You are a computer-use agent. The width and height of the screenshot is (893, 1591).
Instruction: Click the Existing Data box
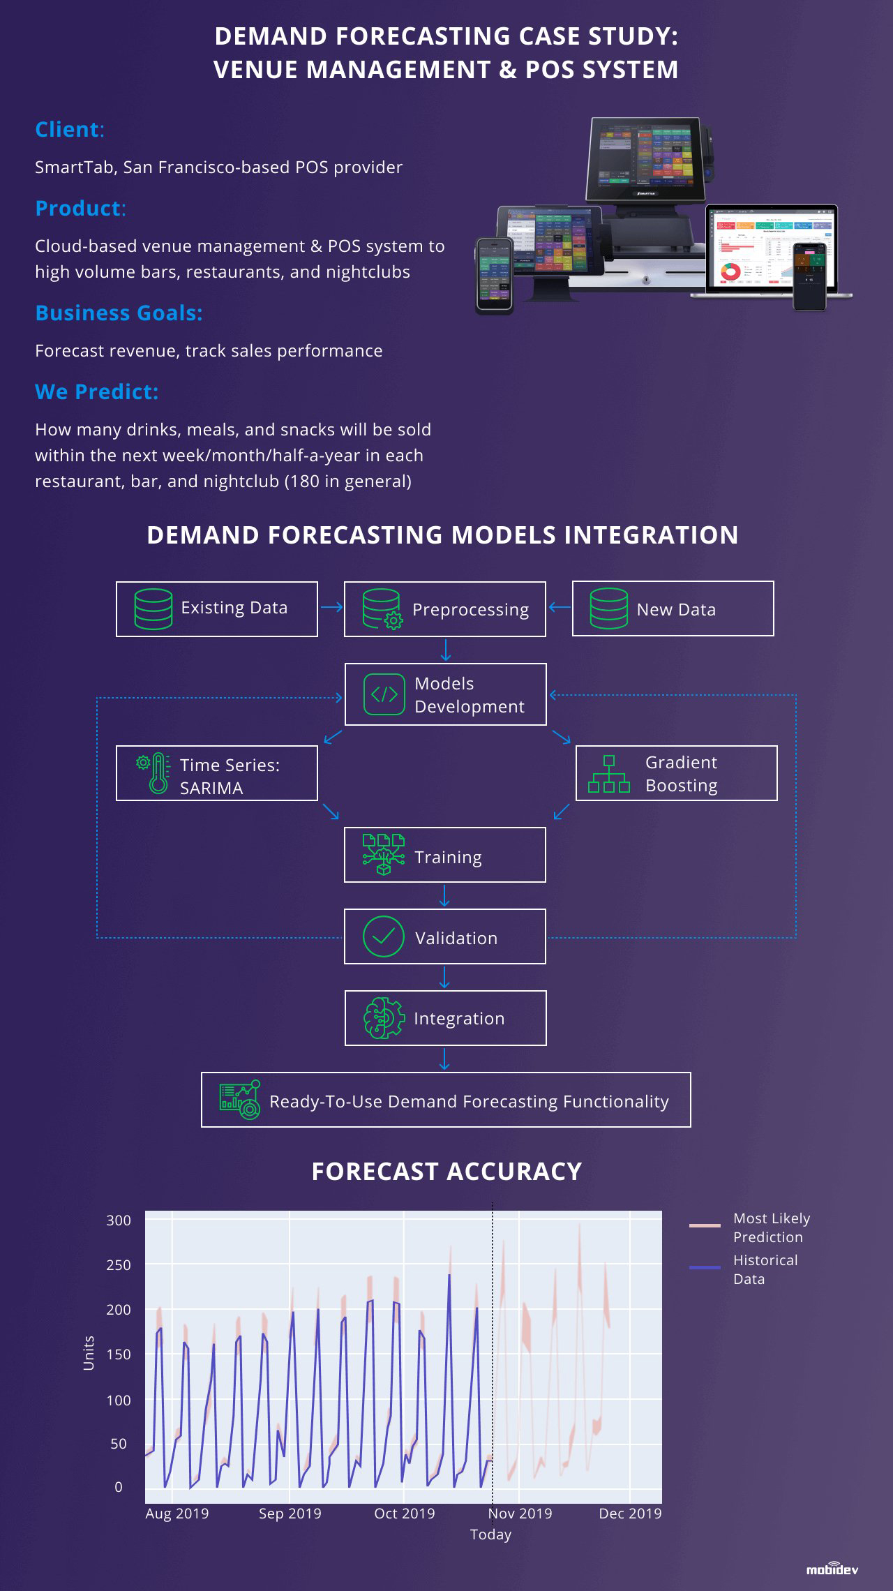(217, 609)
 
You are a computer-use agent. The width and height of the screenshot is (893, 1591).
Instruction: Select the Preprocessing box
(445, 609)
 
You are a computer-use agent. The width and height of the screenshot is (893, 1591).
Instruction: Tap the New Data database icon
(608, 609)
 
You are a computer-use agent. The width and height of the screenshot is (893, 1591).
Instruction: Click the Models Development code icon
(384, 694)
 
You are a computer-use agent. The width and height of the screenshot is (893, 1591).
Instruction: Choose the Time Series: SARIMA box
(217, 773)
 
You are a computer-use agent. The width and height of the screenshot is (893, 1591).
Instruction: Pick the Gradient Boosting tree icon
(609, 774)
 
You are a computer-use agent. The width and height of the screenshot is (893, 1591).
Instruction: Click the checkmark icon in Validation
(384, 936)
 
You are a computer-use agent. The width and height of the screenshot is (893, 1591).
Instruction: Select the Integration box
(445, 1018)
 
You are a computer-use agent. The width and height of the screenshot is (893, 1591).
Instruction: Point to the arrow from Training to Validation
(444, 896)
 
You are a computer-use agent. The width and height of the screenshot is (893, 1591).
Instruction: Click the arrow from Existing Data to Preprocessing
(331, 607)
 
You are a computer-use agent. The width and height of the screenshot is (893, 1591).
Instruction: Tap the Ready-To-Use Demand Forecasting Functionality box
(446, 1100)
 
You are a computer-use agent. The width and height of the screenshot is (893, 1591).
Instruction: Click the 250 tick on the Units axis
(119, 1264)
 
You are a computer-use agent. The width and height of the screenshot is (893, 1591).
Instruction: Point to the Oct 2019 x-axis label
(405, 1513)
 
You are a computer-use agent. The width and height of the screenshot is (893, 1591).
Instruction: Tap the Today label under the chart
(491, 1534)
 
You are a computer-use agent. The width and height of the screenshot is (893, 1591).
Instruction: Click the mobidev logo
(832, 1569)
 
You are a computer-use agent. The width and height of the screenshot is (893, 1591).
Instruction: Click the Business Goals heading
(119, 313)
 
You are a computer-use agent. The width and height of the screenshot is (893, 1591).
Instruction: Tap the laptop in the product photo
(772, 251)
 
